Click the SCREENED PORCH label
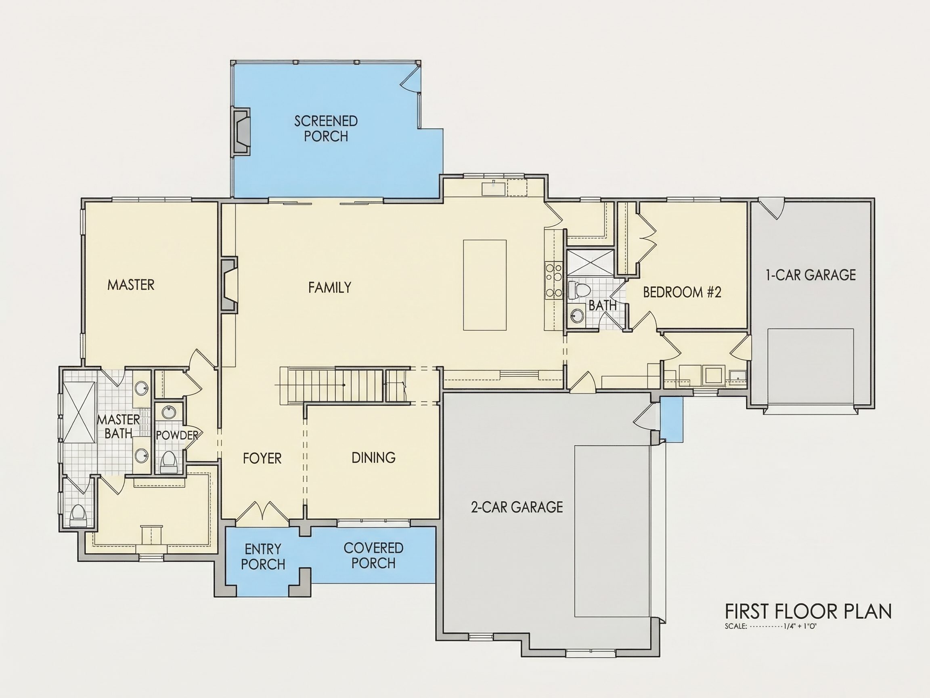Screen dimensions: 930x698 click(326, 129)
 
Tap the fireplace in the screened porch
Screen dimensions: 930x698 click(241, 132)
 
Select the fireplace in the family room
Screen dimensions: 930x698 click(229, 285)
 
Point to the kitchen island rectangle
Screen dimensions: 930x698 click(485, 285)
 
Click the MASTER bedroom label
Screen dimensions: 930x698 click(131, 285)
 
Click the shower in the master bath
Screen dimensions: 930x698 click(78, 412)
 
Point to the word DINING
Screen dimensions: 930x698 click(373, 458)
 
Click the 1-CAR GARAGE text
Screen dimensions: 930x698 click(811, 275)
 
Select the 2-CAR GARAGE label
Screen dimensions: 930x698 click(517, 507)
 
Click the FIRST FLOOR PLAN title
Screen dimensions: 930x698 click(808, 611)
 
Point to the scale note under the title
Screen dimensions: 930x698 click(771, 626)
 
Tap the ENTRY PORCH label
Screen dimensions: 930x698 click(263, 557)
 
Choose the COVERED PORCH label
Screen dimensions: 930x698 click(373, 555)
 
